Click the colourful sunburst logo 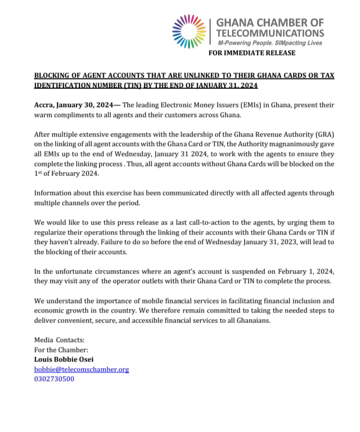[188, 31]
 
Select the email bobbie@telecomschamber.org [81, 369]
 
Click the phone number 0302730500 [54, 378]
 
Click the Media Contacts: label [59, 339]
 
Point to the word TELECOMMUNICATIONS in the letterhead [270, 33]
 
